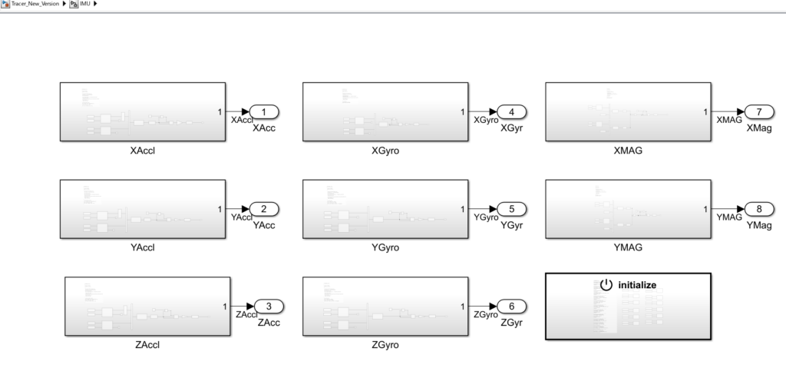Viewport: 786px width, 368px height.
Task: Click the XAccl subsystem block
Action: click(x=143, y=112)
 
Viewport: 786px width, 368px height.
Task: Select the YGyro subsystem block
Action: click(x=385, y=209)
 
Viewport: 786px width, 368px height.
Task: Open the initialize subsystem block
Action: click(x=628, y=306)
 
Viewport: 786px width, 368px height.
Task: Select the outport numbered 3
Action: click(x=268, y=307)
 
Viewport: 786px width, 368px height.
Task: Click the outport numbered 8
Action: click(x=754, y=209)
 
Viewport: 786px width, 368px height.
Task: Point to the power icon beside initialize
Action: click(x=606, y=284)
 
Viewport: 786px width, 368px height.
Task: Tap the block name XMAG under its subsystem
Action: click(x=628, y=151)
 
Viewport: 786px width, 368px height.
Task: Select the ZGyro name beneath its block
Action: click(x=385, y=345)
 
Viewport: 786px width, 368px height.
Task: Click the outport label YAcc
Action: click(x=264, y=225)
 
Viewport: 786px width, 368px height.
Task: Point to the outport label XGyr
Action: click(x=511, y=128)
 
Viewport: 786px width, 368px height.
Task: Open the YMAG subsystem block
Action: click(x=628, y=209)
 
